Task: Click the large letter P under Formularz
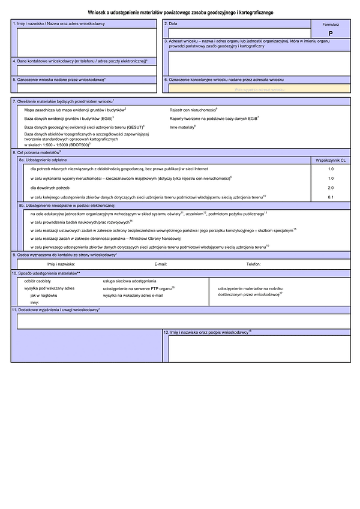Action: (330, 34)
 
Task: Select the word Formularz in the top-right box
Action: (330, 25)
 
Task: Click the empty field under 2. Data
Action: (236, 32)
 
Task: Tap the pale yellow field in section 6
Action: (259, 89)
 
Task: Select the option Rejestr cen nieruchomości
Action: (193, 110)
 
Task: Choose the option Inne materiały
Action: (183, 127)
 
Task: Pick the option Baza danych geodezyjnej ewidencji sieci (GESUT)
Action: (84, 127)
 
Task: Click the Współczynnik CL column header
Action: (331, 161)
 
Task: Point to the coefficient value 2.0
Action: (331, 188)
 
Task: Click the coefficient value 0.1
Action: (331, 197)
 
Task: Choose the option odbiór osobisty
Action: (38, 281)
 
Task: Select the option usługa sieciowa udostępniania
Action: (130, 281)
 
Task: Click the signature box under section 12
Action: (259, 348)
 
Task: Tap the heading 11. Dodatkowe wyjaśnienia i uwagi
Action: (56, 310)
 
